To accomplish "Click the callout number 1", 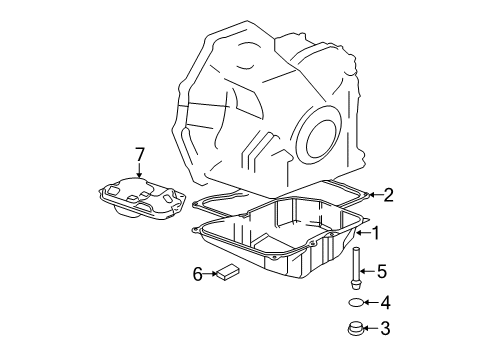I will click(x=377, y=232).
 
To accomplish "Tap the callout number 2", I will click(x=389, y=195).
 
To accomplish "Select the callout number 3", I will click(x=385, y=327).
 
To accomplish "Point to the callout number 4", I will click(x=385, y=301).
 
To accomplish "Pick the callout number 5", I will click(x=380, y=270).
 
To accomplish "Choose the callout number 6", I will click(x=198, y=271).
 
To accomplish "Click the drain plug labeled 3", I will click(x=356, y=327).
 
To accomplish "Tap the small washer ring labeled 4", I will click(x=356, y=301).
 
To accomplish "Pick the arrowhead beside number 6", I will click(x=212, y=271).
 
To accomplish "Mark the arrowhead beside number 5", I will click(x=366, y=270).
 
